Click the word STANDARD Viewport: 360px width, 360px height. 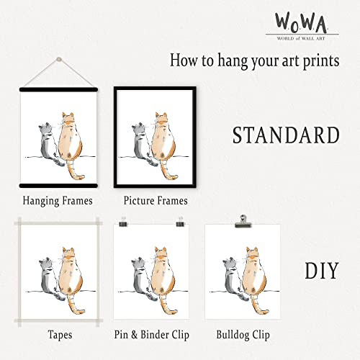tap(285, 135)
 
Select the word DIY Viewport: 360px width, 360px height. tap(321, 271)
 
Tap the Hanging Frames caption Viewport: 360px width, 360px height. tap(58, 201)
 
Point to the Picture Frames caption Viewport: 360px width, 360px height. tap(156, 201)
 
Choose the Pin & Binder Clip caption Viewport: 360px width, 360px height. tap(156, 335)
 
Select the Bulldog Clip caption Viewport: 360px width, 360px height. tap(243, 335)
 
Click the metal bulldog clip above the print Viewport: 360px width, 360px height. tap(243, 217)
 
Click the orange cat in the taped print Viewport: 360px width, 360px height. tap(66, 274)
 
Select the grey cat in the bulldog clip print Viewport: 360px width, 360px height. tap(232, 276)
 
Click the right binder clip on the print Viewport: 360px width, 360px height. tap(189, 225)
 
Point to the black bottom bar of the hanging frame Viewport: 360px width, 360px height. tap(58, 186)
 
